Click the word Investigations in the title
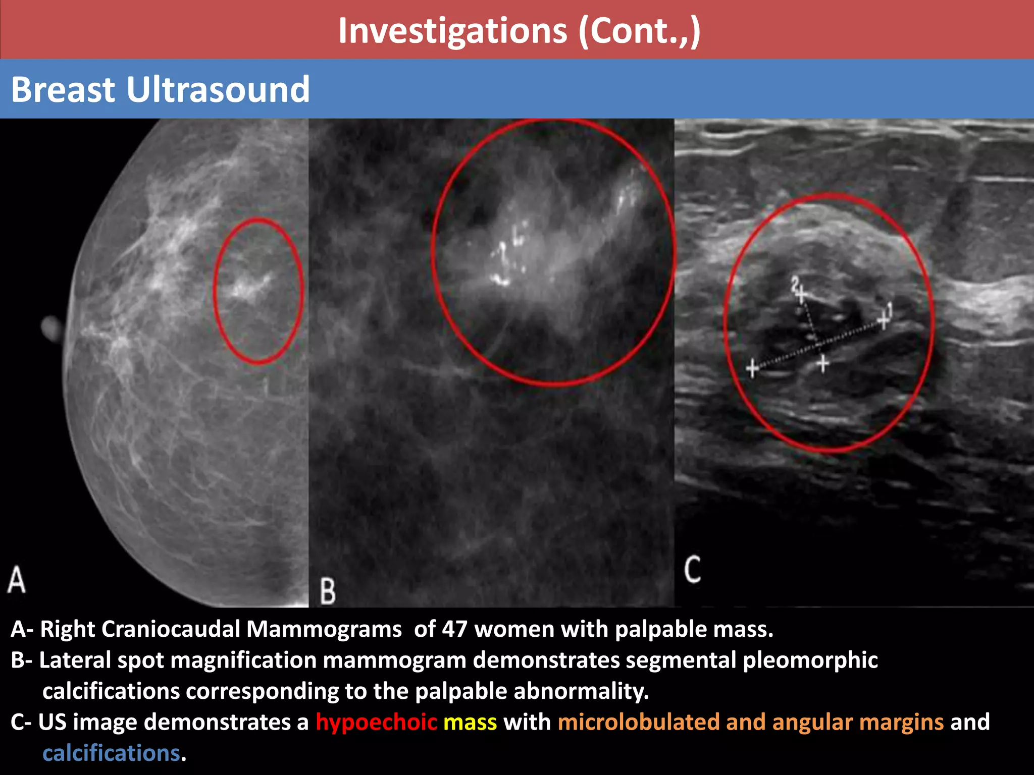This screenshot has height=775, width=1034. (x=452, y=31)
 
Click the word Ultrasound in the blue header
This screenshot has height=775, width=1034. (x=218, y=90)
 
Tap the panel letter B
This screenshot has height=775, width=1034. (x=328, y=591)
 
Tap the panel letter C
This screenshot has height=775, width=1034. (x=692, y=570)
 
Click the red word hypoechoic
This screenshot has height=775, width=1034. (x=376, y=722)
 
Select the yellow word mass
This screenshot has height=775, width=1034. (x=470, y=722)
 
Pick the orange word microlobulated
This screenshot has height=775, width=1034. (x=638, y=722)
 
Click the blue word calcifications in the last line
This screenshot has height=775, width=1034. (x=111, y=753)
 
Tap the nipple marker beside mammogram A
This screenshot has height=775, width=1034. (x=51, y=328)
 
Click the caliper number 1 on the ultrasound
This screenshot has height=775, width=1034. (x=890, y=309)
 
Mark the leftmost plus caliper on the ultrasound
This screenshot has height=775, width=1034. (x=752, y=368)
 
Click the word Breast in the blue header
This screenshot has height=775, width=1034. (x=64, y=90)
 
